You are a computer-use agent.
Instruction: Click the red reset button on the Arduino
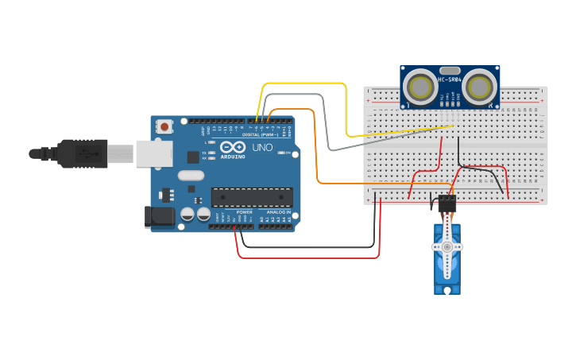[164, 126]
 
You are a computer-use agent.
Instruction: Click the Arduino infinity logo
[233, 147]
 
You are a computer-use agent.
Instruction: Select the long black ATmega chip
[251, 197]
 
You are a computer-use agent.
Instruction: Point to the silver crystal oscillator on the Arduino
[191, 175]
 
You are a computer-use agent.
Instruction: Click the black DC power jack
[160, 217]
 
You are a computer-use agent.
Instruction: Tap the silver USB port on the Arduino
[153, 154]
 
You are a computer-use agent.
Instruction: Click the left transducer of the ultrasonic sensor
[419, 87]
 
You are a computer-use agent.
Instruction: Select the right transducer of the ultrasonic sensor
[481, 87]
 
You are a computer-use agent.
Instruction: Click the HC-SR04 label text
[450, 79]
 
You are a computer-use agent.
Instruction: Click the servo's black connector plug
[447, 203]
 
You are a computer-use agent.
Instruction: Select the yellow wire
[346, 103]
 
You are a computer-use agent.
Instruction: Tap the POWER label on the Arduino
[245, 212]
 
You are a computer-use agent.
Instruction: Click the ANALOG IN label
[278, 212]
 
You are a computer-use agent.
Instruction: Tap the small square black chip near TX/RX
[193, 157]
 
